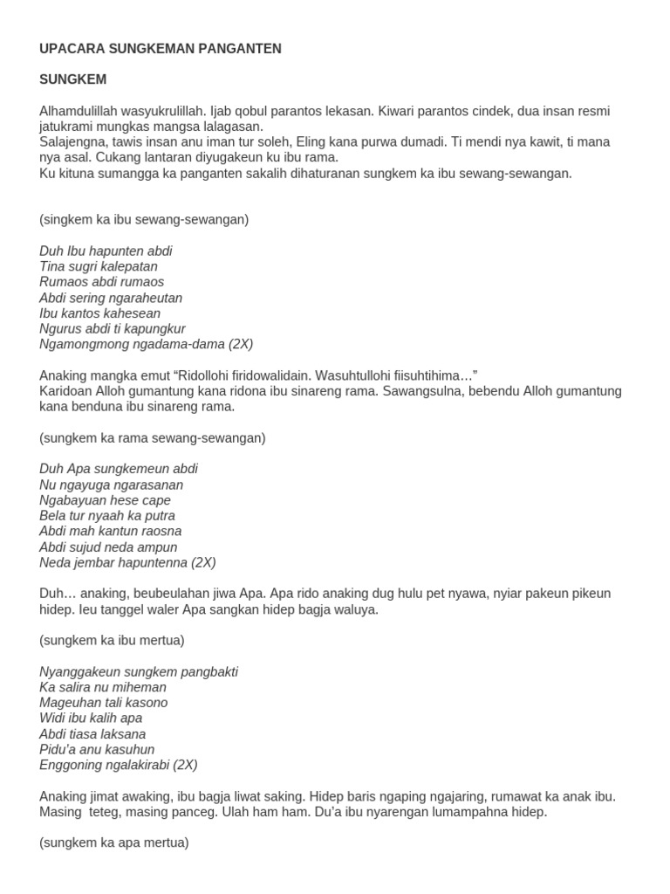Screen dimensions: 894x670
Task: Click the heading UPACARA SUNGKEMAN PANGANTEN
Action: tap(161, 49)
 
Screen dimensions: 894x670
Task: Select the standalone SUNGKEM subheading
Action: tap(73, 79)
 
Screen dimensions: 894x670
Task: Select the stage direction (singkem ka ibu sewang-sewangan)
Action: tap(144, 219)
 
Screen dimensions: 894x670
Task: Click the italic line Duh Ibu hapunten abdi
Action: tap(106, 251)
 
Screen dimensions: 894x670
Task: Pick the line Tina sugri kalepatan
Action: tap(99, 266)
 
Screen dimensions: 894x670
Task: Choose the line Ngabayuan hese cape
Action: tap(105, 500)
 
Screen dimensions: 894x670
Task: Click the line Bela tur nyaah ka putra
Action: tap(107, 516)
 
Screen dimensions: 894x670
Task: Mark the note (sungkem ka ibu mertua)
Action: tap(112, 640)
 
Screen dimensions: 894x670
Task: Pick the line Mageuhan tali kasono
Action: tap(103, 703)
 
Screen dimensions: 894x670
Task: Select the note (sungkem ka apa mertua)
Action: tap(113, 843)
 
